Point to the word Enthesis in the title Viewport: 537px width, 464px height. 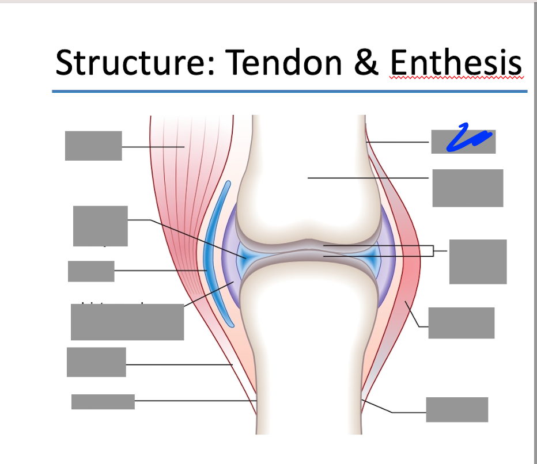click(455, 63)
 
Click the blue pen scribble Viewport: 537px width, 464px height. click(469, 139)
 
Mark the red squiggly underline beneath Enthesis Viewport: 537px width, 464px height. click(455, 78)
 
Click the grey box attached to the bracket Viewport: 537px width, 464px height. click(478, 261)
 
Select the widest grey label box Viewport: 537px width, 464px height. click(127, 322)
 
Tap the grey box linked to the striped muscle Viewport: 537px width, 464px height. click(93, 146)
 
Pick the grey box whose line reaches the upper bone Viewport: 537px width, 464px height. click(467, 188)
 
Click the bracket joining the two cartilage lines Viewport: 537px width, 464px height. click(433, 251)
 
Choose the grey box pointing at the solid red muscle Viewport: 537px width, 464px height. click(461, 322)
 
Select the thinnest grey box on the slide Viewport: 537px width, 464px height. click(103, 401)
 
